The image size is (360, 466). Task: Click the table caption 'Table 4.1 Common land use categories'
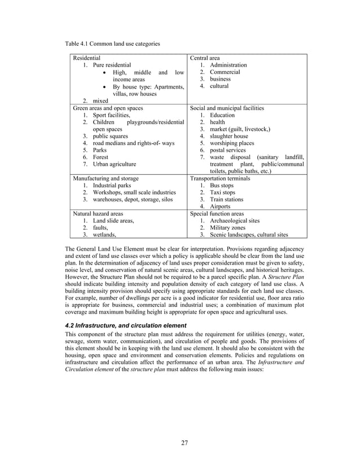[x=112, y=43]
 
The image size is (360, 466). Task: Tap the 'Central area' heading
[x=205, y=58]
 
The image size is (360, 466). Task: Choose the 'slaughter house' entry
[x=229, y=136]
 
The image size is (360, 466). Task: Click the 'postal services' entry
[x=229, y=150]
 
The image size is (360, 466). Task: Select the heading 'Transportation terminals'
[x=221, y=178]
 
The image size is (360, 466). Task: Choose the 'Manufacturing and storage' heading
[x=106, y=178]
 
